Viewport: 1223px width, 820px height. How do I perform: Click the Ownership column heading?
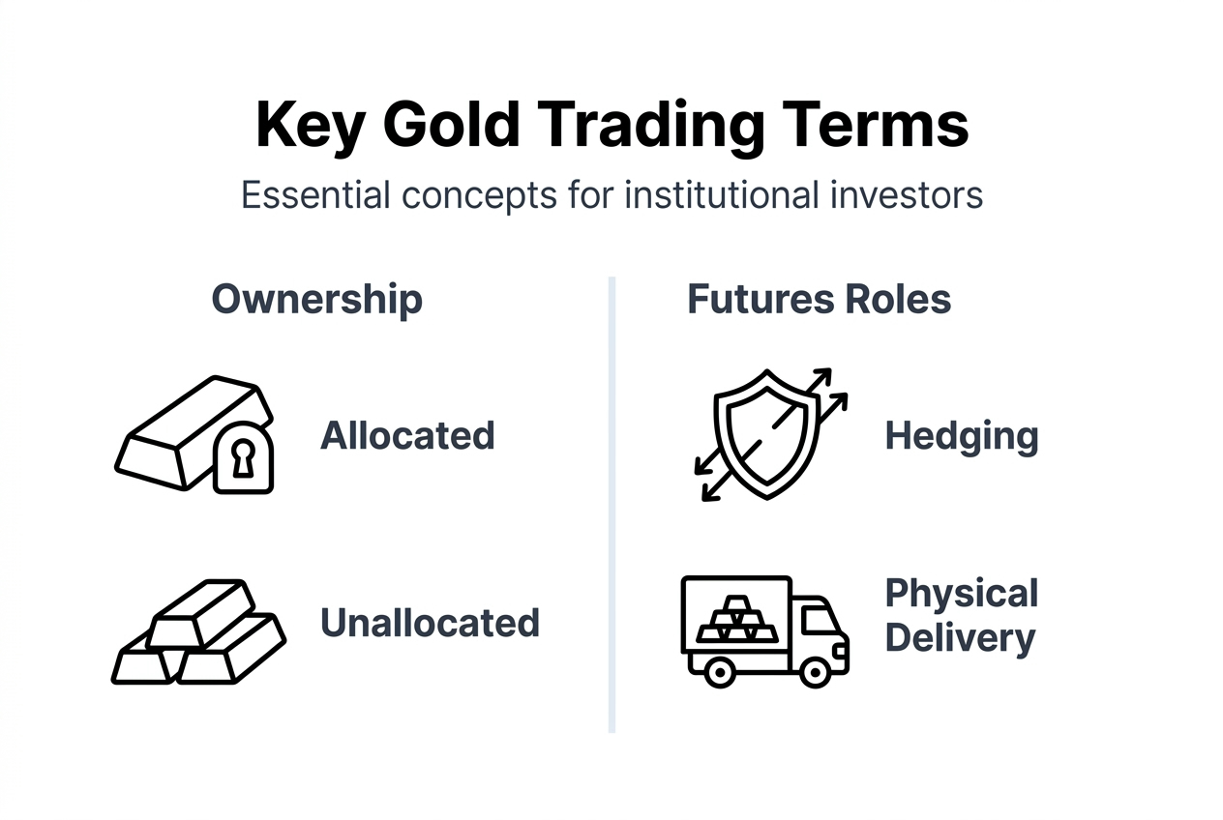coord(317,300)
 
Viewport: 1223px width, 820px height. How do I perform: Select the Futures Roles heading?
coord(820,300)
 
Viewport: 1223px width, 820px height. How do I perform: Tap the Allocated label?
coord(407,436)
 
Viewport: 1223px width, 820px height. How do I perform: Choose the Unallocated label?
coord(430,623)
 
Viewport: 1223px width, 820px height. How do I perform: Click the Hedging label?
coord(962,436)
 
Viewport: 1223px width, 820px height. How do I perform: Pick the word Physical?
coord(962,594)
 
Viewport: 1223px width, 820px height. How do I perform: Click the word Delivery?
coord(960,639)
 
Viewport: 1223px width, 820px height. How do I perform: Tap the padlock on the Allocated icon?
coord(242,457)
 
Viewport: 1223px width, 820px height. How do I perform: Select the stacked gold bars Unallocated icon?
coord(198,632)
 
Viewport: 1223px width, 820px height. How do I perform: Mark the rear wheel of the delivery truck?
coord(719,670)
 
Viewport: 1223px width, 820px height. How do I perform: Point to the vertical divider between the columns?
coord(611,503)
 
